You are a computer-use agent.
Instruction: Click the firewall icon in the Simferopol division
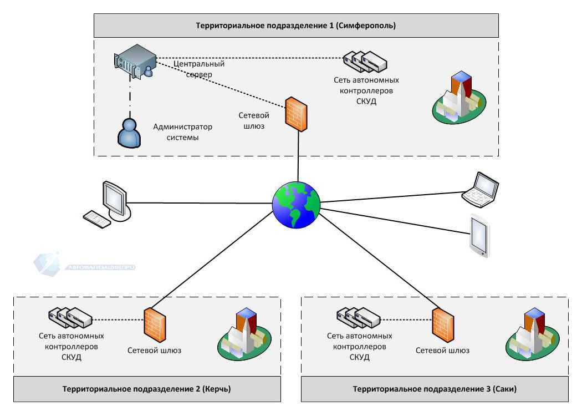[296, 114]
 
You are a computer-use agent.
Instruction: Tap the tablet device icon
[480, 235]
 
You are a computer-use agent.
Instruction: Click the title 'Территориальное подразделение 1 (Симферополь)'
[296, 26]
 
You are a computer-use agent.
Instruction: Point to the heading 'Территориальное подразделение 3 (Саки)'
[435, 389]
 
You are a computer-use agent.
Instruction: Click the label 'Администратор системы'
[183, 132]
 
